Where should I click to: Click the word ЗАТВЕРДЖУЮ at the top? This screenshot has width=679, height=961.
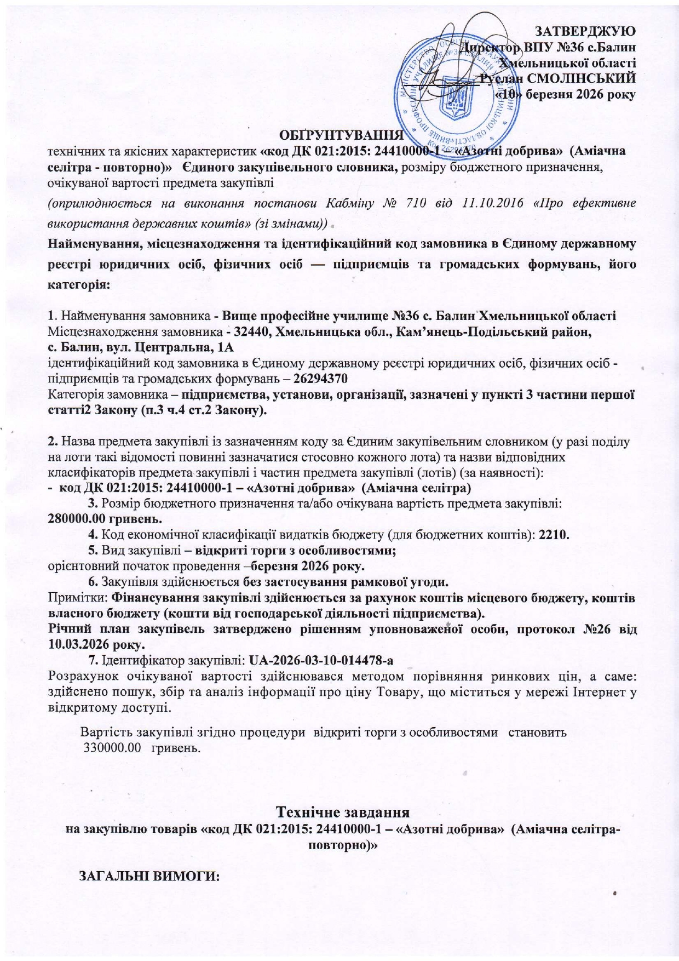[584, 30]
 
